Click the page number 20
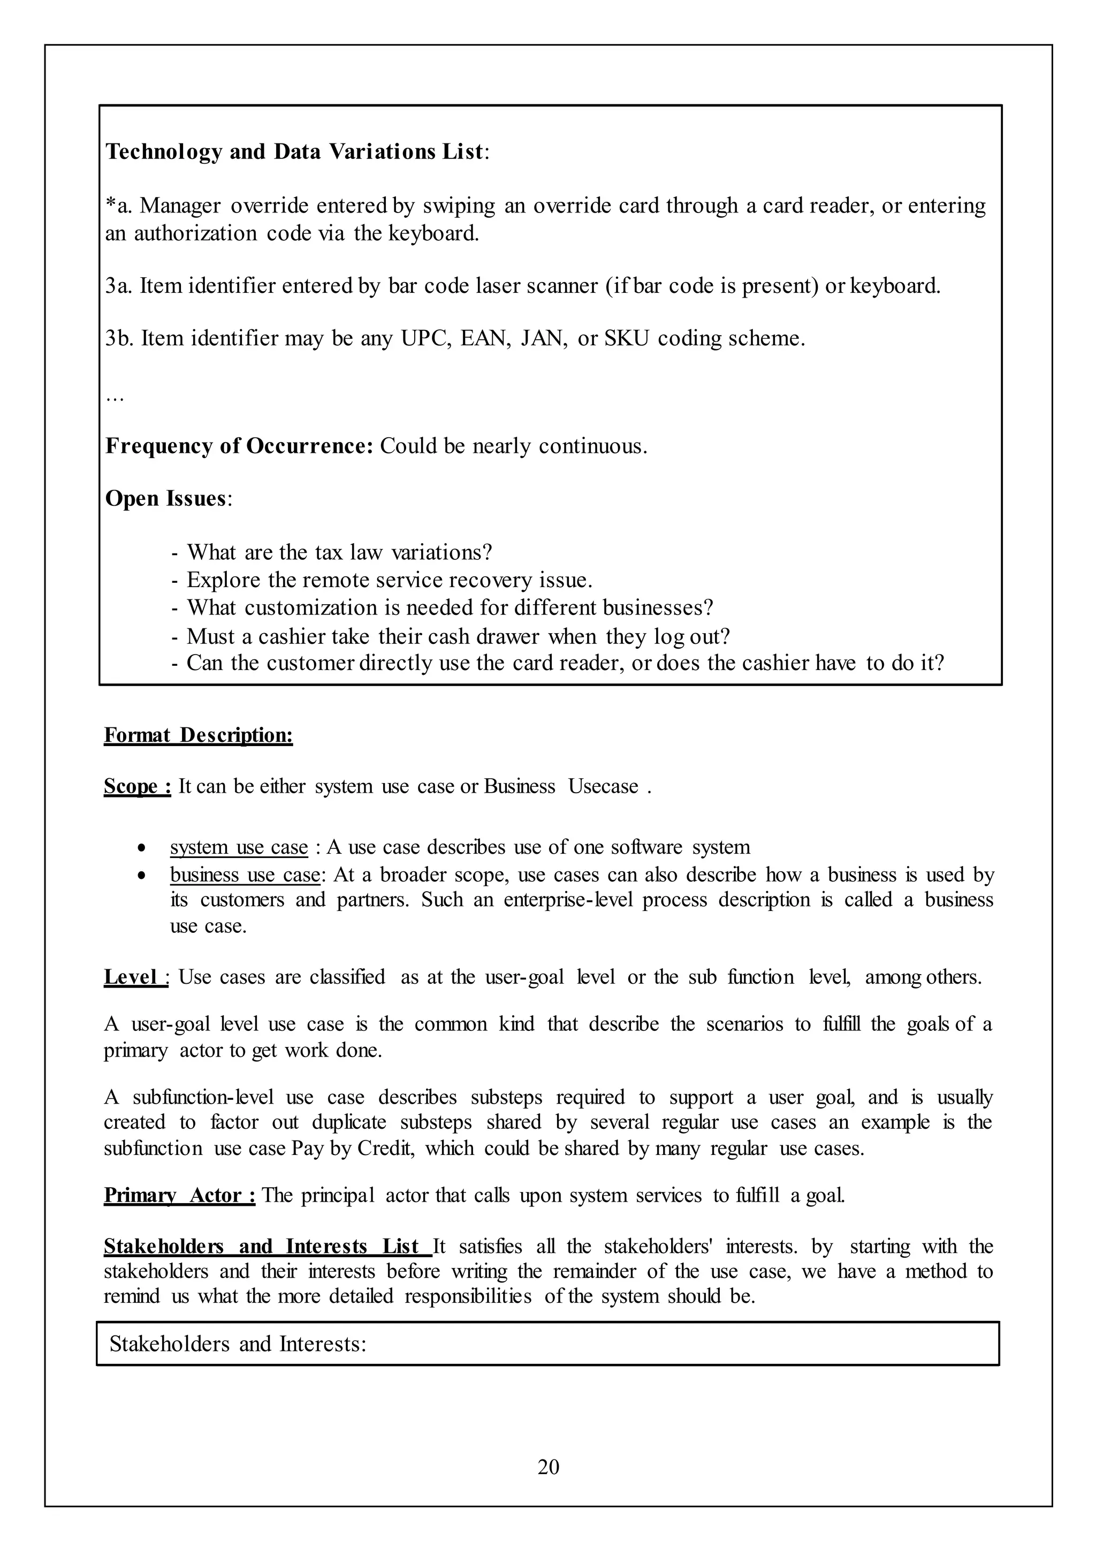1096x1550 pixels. pyautogui.click(x=548, y=1467)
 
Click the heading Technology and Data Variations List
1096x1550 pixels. pyautogui.click(x=294, y=152)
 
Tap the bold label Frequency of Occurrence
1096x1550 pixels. pyautogui.click(x=239, y=446)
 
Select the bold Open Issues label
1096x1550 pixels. pyautogui.click(x=165, y=499)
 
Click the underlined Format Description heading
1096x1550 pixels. pyautogui.click(x=199, y=735)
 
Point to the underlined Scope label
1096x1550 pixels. pyautogui.click(x=137, y=786)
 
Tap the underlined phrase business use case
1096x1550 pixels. pyautogui.click(x=245, y=875)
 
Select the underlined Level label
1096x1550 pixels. pyautogui.click(x=135, y=977)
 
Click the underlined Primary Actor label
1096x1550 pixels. pyautogui.click(x=179, y=1196)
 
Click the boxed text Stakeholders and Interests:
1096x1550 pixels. pyautogui.click(x=238, y=1344)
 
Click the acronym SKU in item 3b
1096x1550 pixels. pyautogui.click(x=626, y=338)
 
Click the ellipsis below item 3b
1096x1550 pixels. pyautogui.click(x=114, y=398)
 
